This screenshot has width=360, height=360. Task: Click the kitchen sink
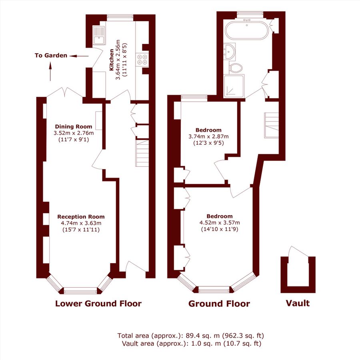pyautogui.click(x=98, y=36)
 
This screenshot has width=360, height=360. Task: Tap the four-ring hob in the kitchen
pyautogui.click(x=142, y=59)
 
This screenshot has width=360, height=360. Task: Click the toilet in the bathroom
pyautogui.click(x=236, y=67)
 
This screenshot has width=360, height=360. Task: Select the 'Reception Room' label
pyautogui.click(x=81, y=216)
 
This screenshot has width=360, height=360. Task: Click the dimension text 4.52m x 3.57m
pyautogui.click(x=220, y=223)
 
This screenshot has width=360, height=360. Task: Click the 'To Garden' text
pyautogui.click(x=51, y=56)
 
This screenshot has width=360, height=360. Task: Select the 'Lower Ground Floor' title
pyautogui.click(x=98, y=304)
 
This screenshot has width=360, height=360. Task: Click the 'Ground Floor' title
pyautogui.click(x=219, y=304)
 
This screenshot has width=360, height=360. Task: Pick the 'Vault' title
pyautogui.click(x=298, y=303)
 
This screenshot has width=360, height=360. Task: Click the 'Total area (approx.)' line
pyautogui.click(x=190, y=335)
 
